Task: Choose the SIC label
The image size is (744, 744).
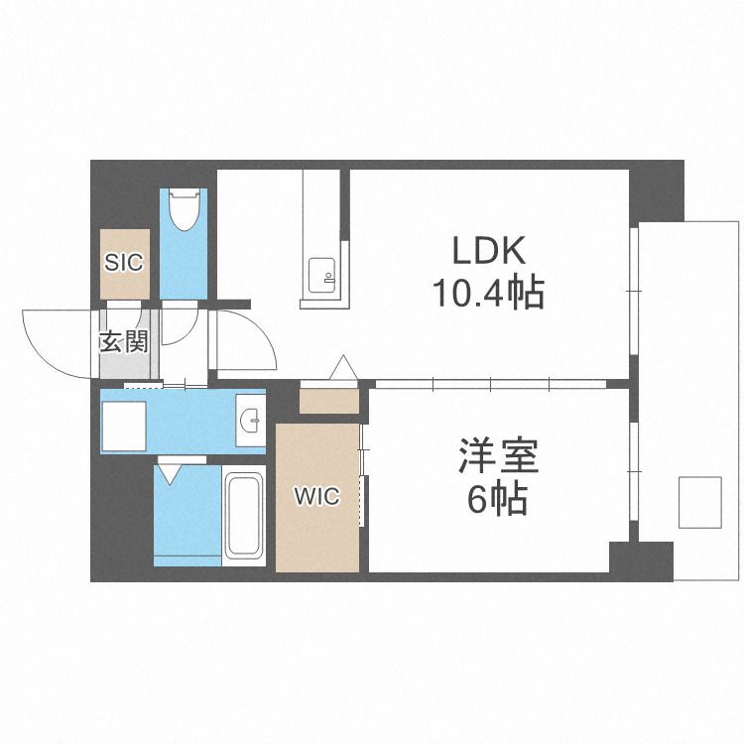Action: point(125,263)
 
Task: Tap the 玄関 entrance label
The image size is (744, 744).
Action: point(125,342)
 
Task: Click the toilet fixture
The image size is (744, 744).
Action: point(184,210)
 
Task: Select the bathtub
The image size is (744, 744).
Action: point(244,515)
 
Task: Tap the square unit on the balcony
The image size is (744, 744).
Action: point(700,502)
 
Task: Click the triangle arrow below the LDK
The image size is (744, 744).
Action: point(343,367)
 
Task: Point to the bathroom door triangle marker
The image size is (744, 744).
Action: point(170,473)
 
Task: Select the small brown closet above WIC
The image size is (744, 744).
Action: point(328,401)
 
